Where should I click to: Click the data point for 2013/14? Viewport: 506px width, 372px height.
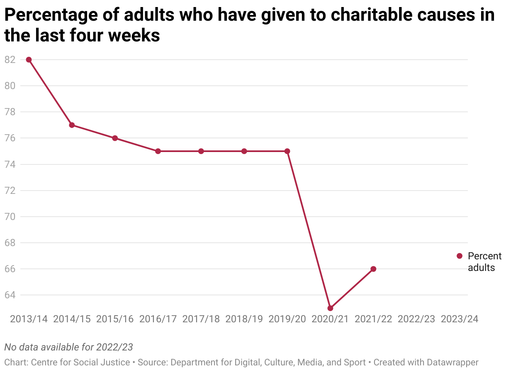pyautogui.click(x=29, y=60)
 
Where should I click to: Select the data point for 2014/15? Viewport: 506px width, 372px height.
pyautogui.click(x=72, y=125)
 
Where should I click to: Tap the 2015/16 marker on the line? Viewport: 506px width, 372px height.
pyautogui.click(x=115, y=138)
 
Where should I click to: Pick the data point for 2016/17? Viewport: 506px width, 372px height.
pyautogui.click(x=158, y=151)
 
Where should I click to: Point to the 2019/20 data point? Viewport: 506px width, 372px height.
pyautogui.click(x=287, y=151)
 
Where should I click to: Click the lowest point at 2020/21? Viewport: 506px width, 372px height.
pyautogui.click(x=330, y=308)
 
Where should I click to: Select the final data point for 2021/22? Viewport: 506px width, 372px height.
pyautogui.click(x=373, y=269)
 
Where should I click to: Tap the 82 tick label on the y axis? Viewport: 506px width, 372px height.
pyautogui.click(x=10, y=60)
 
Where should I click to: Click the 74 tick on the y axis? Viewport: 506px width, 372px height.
pyautogui.click(x=10, y=164)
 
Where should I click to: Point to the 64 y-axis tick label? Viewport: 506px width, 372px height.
pyautogui.click(x=10, y=295)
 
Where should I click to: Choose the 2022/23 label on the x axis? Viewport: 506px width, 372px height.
pyautogui.click(x=416, y=319)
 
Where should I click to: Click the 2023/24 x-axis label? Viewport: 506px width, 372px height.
pyautogui.click(x=460, y=319)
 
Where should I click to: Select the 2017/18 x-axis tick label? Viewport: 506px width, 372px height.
pyautogui.click(x=201, y=319)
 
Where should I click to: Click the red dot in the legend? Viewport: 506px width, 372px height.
pyautogui.click(x=460, y=256)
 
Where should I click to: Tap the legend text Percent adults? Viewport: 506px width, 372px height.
pyautogui.click(x=484, y=262)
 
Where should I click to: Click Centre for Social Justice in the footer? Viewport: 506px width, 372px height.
pyautogui.click(x=81, y=362)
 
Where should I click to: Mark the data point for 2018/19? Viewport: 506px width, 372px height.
pyautogui.click(x=244, y=151)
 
